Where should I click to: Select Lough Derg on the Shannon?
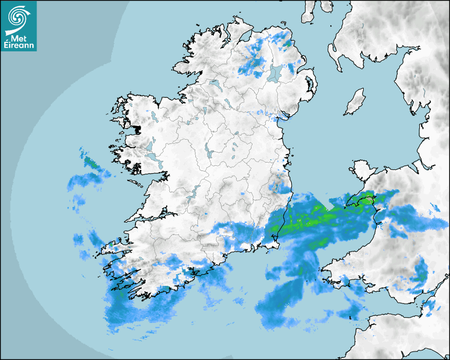(x=194, y=192)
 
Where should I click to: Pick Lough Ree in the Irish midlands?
(x=209, y=154)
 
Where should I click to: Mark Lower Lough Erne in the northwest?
(x=214, y=84)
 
